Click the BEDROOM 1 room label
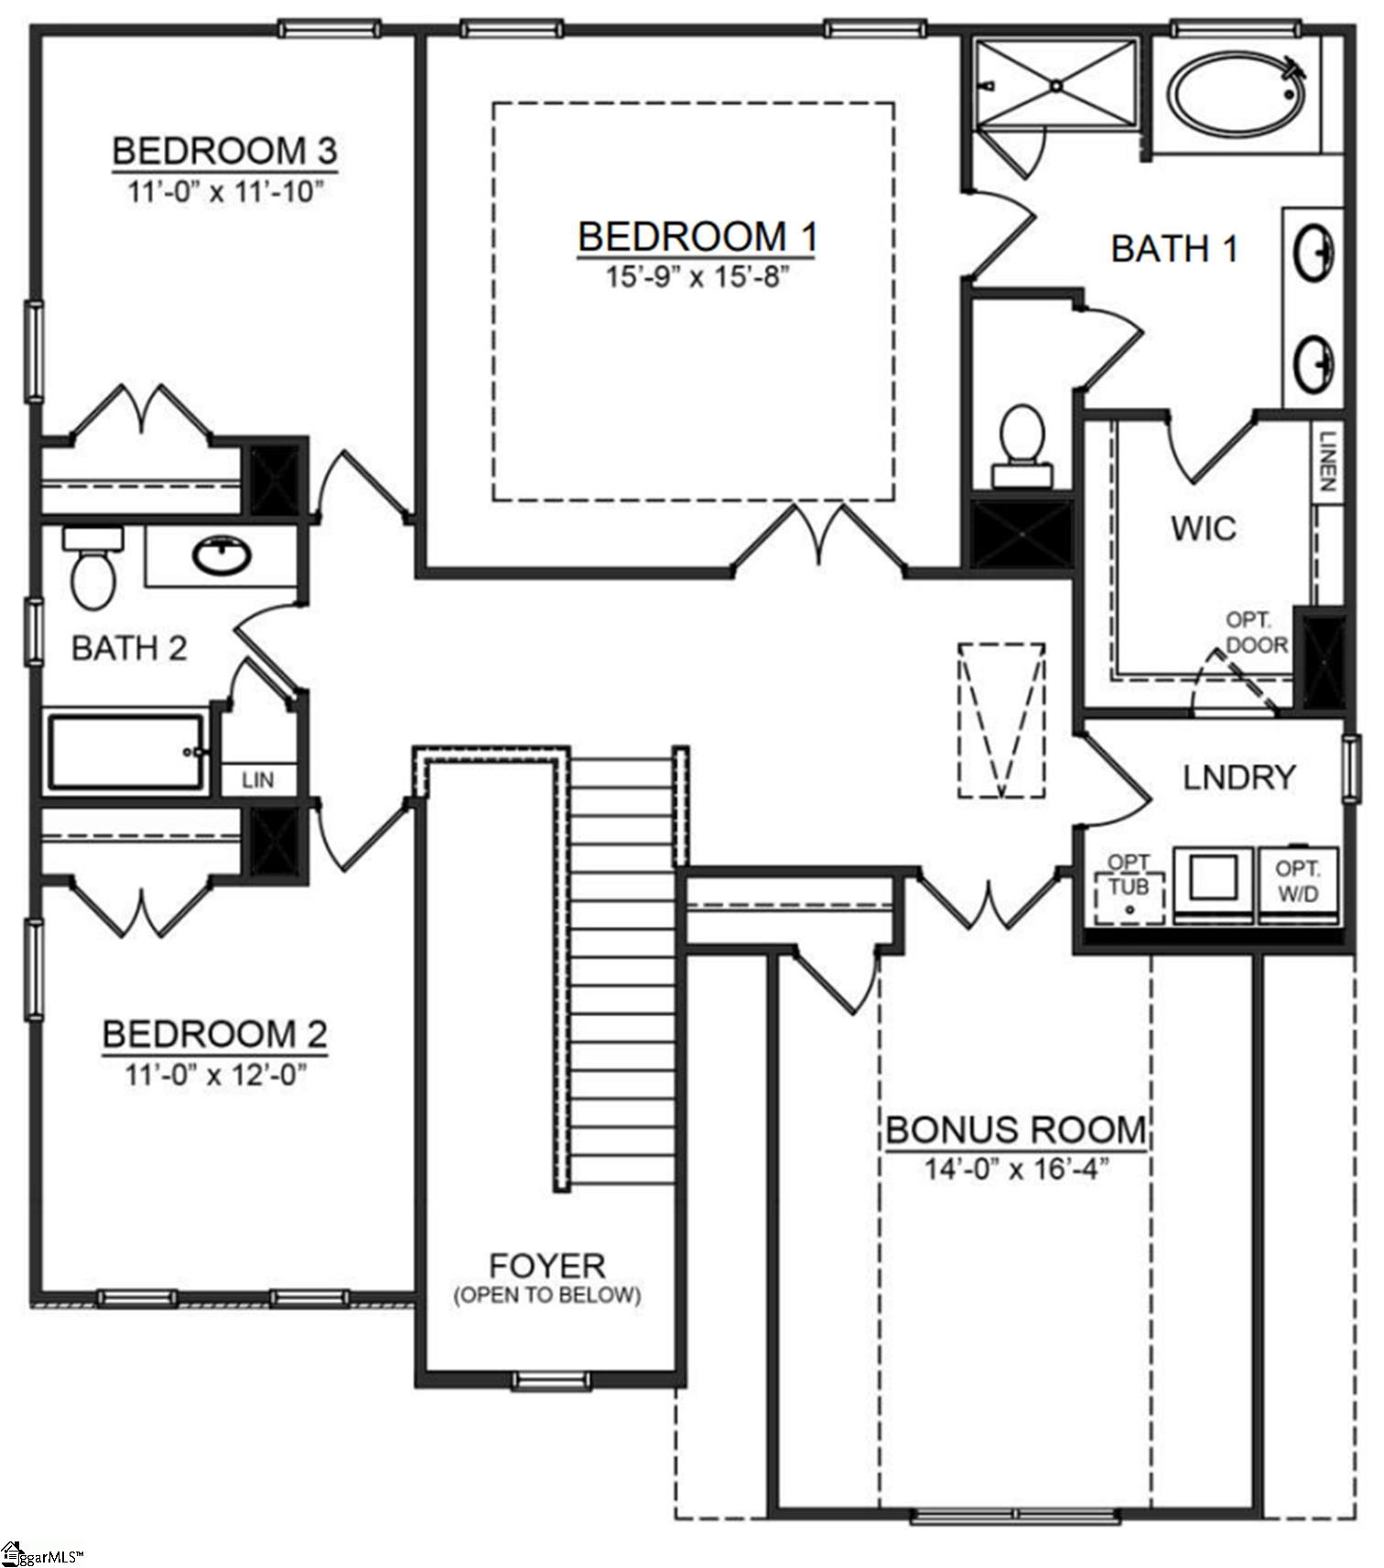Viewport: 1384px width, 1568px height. point(697,237)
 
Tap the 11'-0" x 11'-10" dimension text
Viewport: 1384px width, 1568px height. point(226,192)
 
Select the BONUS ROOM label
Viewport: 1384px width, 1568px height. point(1015,1130)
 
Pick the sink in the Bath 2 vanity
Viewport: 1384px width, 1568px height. point(222,554)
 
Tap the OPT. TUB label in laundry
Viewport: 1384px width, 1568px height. point(1129,876)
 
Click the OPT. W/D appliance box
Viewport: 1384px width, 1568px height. point(1298,882)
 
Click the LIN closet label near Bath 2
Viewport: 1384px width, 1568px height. point(258,780)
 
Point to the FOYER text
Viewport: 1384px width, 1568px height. point(547,1266)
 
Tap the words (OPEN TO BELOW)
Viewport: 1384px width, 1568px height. point(547,1294)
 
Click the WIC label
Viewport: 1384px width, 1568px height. point(1203,528)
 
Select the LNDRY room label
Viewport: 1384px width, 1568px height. point(1239,778)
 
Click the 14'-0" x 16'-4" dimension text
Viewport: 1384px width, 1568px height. point(1016,1169)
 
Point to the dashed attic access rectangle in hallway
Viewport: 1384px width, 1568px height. point(1001,720)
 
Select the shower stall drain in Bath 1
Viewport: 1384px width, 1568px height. point(1055,85)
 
